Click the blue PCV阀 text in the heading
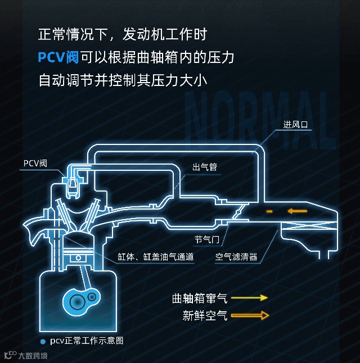58,57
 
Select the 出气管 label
205,167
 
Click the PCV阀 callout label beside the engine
35,164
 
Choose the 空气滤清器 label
236,257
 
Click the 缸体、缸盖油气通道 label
156,257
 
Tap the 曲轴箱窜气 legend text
199,298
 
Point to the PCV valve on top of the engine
73,184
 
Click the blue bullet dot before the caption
43,342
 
